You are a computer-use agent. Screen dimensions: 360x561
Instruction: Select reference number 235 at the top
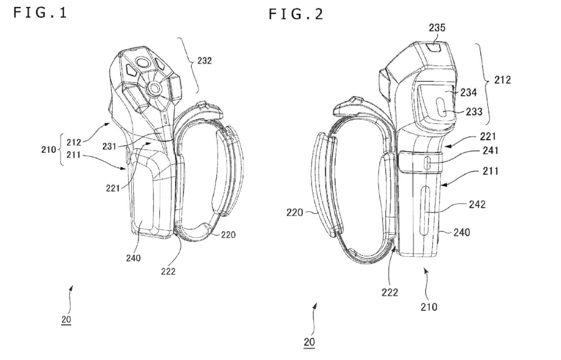pos(437,28)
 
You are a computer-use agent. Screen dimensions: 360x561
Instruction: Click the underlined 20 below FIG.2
pos(309,342)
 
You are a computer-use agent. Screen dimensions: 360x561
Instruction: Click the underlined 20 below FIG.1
pos(66,320)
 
